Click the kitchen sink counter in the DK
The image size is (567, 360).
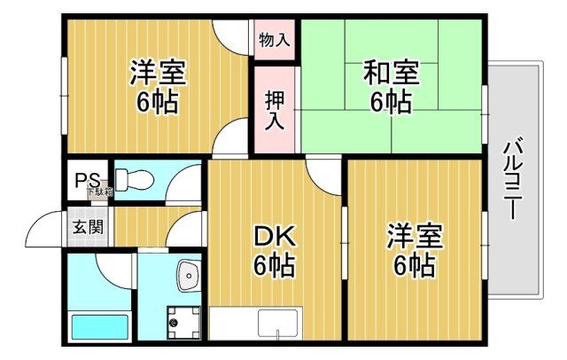[255, 324]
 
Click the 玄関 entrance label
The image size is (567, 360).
[86, 226]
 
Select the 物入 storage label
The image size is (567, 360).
[274, 41]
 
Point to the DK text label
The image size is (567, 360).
[276, 237]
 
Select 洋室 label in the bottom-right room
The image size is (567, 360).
[414, 238]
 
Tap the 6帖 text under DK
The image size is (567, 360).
[276, 265]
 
